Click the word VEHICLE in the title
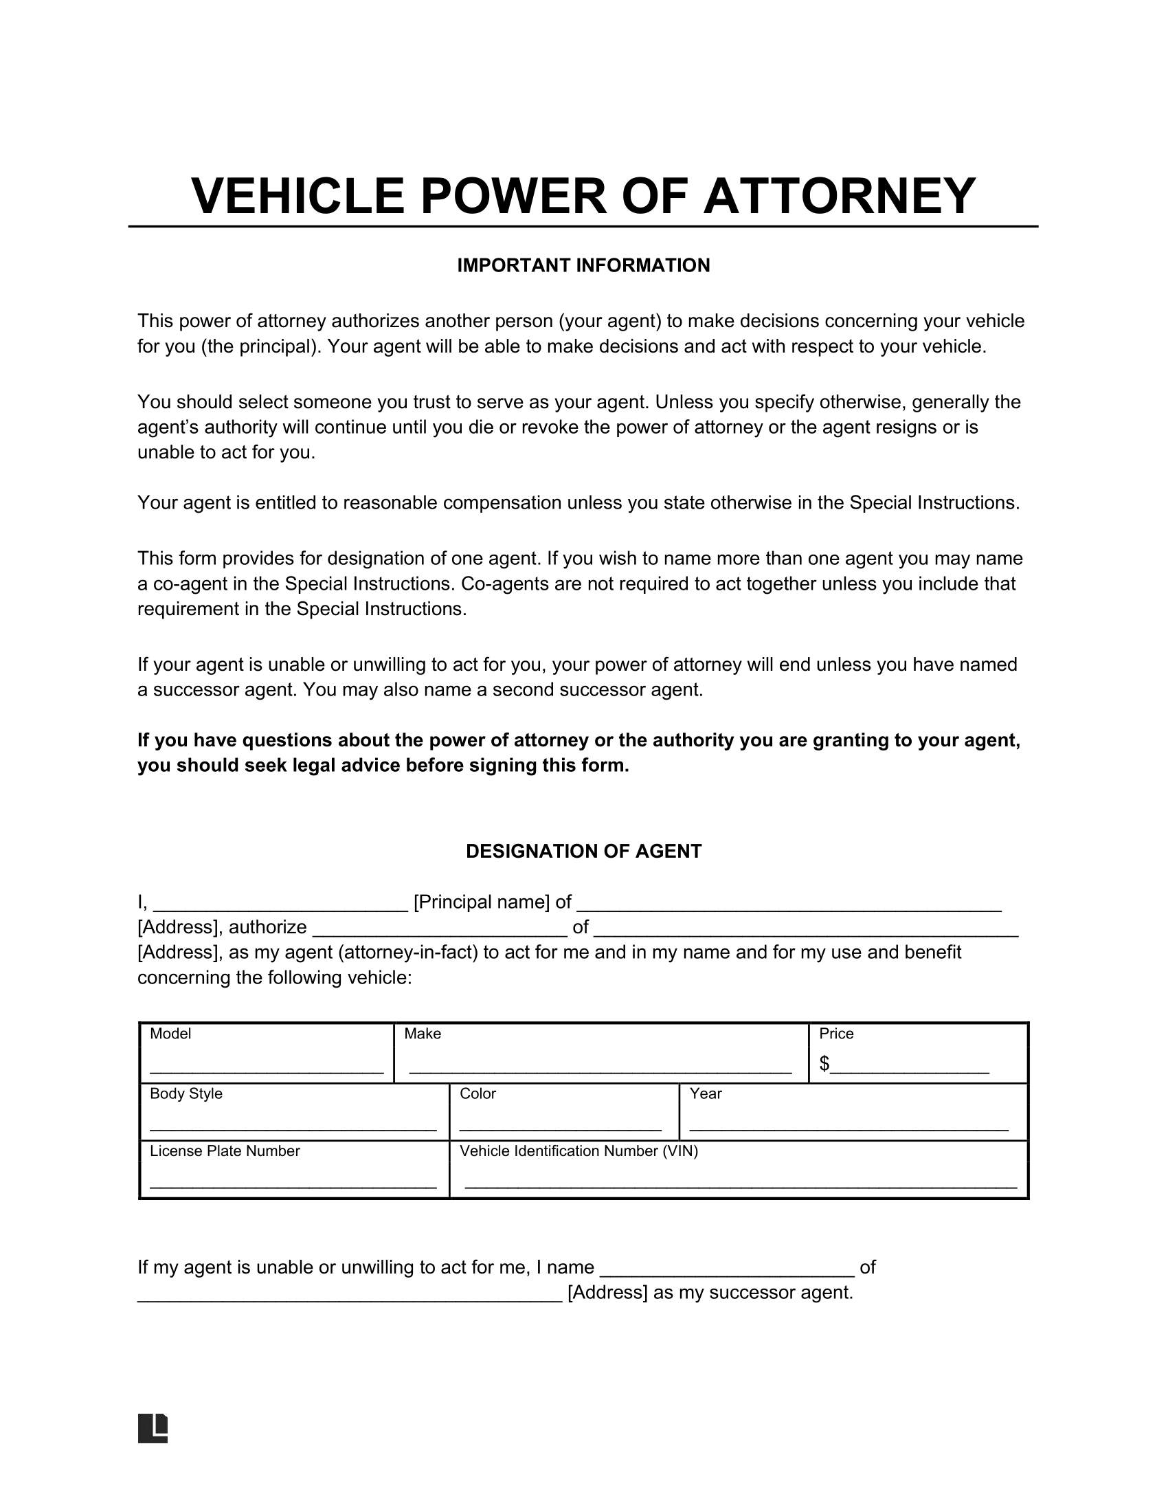[x=297, y=196]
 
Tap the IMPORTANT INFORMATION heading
[x=583, y=266]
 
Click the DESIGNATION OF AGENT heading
[x=583, y=852]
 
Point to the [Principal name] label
[x=482, y=902]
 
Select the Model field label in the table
[x=170, y=1034]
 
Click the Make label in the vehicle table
[x=422, y=1034]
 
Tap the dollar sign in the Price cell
[x=824, y=1063]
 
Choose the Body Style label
[x=186, y=1093]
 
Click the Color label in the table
[x=478, y=1093]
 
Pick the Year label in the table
[x=705, y=1093]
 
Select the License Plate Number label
[x=225, y=1150]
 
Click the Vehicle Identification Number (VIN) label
[x=579, y=1150]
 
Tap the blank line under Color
[x=561, y=1129]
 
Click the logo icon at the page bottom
[x=153, y=1427]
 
